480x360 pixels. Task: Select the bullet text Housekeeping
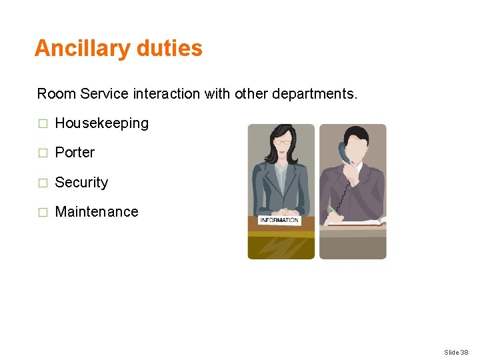pyautogui.click(x=101, y=123)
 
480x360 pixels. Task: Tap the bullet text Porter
pyautogui.click(x=75, y=153)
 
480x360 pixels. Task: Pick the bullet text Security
pyautogui.click(x=81, y=182)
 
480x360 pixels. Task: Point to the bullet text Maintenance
pyautogui.click(x=97, y=212)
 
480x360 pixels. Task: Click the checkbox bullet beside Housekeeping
pyautogui.click(x=43, y=124)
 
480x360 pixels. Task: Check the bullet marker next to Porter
pyautogui.click(x=43, y=153)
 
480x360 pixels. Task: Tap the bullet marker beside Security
pyautogui.click(x=43, y=183)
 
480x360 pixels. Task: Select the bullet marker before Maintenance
pyautogui.click(x=43, y=213)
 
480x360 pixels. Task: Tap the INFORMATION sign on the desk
pyautogui.click(x=279, y=220)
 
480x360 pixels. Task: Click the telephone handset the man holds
pyautogui.click(x=344, y=152)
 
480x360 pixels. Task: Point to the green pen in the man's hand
pyautogui.click(x=332, y=209)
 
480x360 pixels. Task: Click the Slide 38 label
pyautogui.click(x=457, y=351)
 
